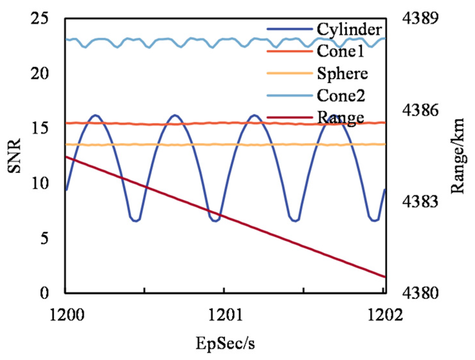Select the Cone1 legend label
[x=341, y=51]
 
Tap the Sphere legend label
[x=342, y=73]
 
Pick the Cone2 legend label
[x=341, y=96]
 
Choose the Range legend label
[x=341, y=118]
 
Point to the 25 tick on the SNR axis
[x=40, y=19]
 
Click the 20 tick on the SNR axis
[x=40, y=74]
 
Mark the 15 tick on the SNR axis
[x=40, y=129]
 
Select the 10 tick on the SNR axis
[x=40, y=183]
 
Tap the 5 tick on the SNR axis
[x=44, y=238]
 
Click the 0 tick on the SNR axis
[x=44, y=293]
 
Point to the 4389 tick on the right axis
[x=420, y=19]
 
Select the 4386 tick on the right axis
[x=420, y=110]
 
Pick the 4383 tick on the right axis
[x=420, y=201]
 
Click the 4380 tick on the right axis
[x=420, y=293]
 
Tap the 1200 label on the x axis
[x=67, y=315]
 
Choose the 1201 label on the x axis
[x=225, y=315]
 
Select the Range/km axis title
[x=458, y=156]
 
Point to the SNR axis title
[x=14, y=156]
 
